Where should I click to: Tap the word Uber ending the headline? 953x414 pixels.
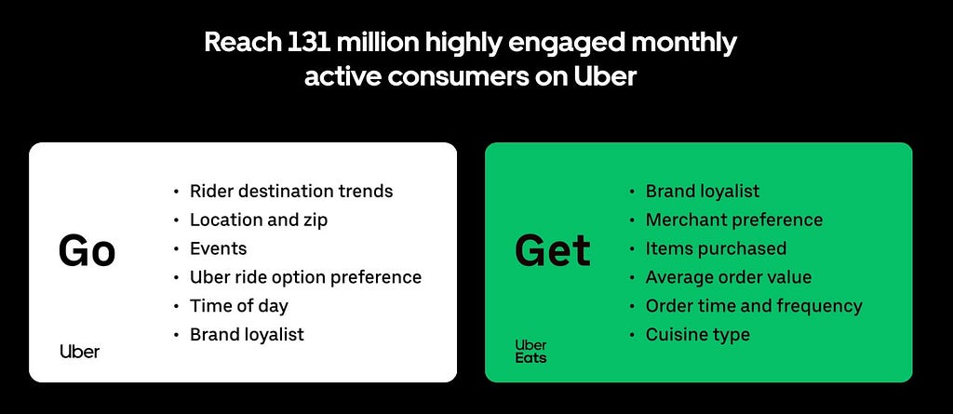[604, 77]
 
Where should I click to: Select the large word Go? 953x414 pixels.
[87, 251]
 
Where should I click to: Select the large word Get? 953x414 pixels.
[552, 251]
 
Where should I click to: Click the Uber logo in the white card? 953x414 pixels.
[80, 352]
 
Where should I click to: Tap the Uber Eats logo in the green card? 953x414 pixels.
[530, 352]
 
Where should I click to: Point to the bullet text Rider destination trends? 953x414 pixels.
[291, 191]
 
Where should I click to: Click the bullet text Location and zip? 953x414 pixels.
[259, 220]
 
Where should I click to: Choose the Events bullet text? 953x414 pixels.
[218, 248]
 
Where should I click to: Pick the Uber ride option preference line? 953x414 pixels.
[305, 277]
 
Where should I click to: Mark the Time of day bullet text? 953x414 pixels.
[239, 306]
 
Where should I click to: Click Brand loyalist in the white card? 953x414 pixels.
[247, 334]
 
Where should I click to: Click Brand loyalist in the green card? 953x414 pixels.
[703, 191]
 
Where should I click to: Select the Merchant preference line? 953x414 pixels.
[734, 220]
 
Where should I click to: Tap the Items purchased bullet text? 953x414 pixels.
[716, 248]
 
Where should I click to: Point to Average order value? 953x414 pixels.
[729, 277]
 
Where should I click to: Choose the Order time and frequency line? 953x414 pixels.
[754, 306]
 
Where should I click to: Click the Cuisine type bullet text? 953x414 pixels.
[698, 334]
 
